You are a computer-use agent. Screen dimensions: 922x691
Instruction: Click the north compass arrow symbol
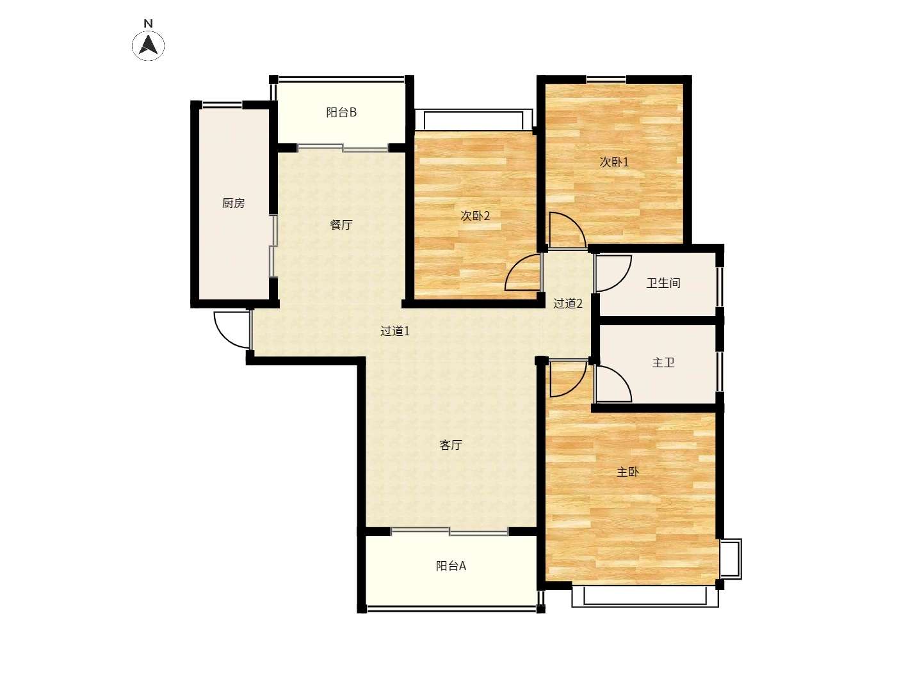pyautogui.click(x=148, y=45)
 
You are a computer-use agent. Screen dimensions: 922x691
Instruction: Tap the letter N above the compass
pyautogui.click(x=148, y=24)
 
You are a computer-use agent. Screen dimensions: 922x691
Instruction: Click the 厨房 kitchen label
pyautogui.click(x=233, y=203)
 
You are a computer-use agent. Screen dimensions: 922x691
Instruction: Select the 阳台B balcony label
pyautogui.click(x=341, y=113)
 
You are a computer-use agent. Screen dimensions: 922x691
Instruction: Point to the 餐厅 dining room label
pyautogui.click(x=341, y=225)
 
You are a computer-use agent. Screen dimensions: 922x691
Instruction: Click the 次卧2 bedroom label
pyautogui.click(x=475, y=216)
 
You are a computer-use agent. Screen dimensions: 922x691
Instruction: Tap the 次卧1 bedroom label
pyautogui.click(x=613, y=162)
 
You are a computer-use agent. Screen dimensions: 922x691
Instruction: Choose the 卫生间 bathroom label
pyautogui.click(x=663, y=283)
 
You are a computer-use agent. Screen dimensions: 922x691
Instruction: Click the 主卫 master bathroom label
pyautogui.click(x=663, y=363)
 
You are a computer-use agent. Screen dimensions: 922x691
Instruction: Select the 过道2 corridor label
pyautogui.click(x=567, y=303)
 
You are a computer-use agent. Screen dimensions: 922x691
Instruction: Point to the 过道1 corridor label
pyautogui.click(x=395, y=331)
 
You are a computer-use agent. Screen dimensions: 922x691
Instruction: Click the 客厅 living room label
pyautogui.click(x=451, y=445)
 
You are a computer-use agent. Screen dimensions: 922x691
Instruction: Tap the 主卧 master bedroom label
pyautogui.click(x=627, y=472)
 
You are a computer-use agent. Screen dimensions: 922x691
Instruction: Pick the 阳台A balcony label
pyautogui.click(x=451, y=566)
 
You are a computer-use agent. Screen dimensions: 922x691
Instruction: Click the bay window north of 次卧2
pyautogui.click(x=473, y=120)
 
